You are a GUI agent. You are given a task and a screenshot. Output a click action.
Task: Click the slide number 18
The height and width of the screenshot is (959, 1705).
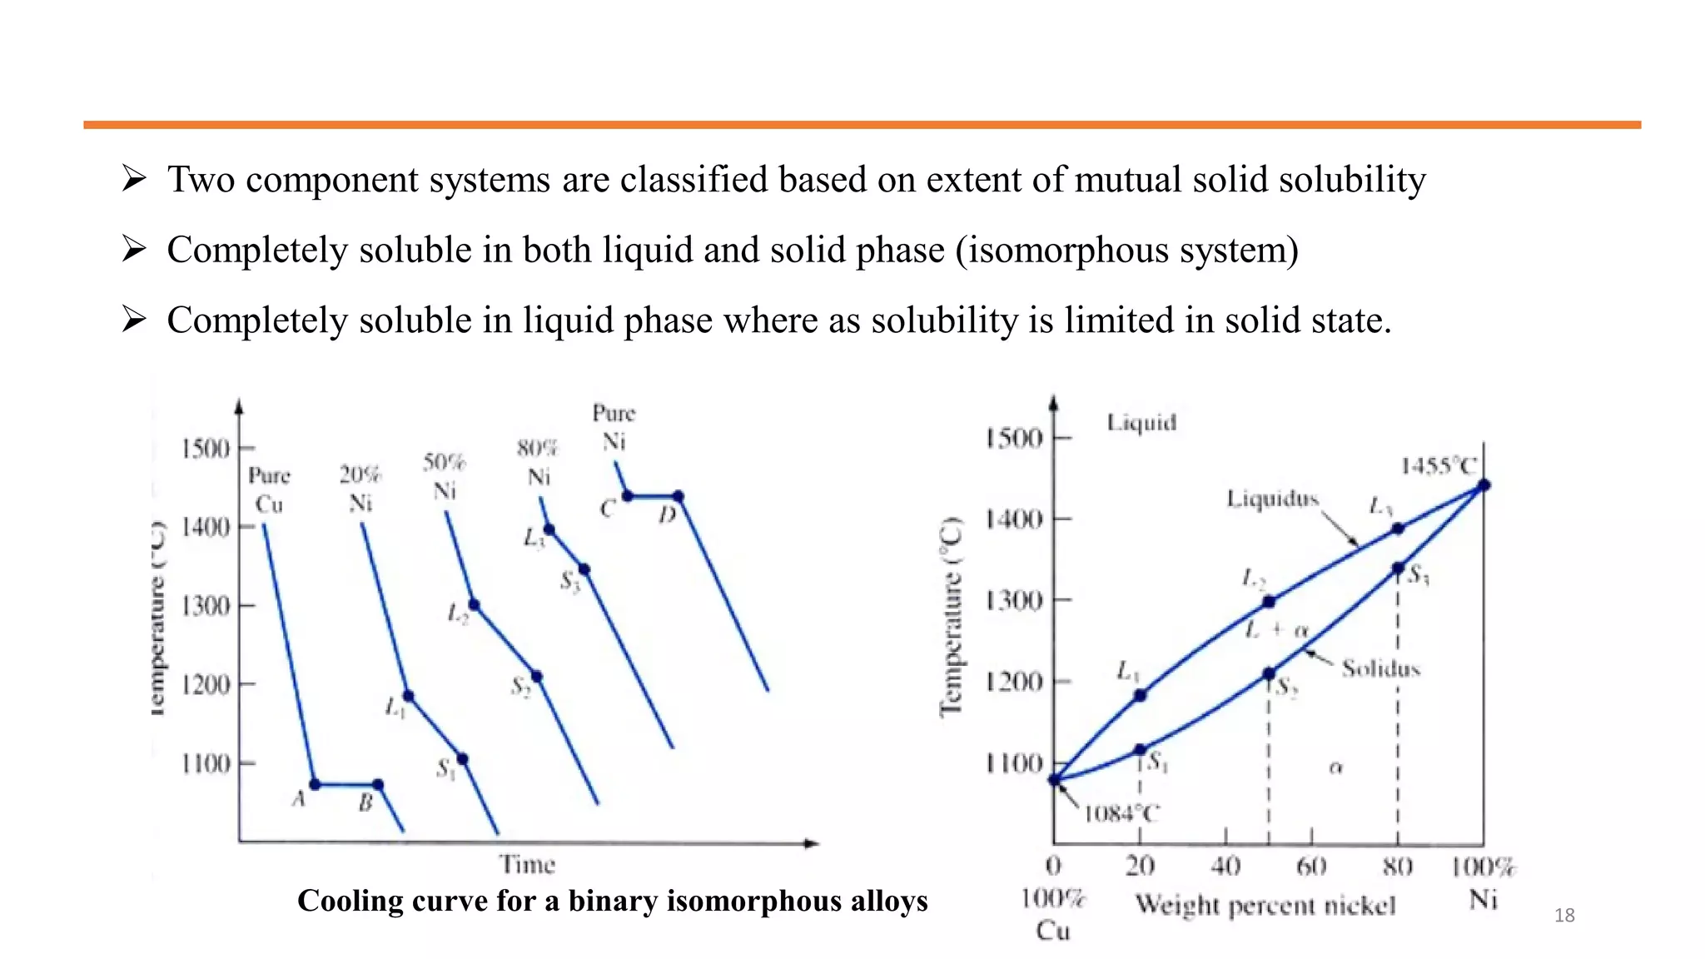[x=1564, y=916]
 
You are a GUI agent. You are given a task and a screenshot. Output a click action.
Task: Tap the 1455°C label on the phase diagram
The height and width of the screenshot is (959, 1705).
[x=1438, y=466]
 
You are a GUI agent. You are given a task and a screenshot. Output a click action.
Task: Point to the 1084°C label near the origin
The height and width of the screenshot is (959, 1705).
[x=1121, y=813]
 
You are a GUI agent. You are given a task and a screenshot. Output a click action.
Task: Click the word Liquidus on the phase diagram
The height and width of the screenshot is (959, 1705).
[x=1273, y=499]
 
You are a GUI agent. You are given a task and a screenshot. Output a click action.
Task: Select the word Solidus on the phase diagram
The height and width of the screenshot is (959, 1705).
[x=1380, y=668]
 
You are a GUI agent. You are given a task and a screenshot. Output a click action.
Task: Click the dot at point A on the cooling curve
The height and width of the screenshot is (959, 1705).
[x=315, y=784]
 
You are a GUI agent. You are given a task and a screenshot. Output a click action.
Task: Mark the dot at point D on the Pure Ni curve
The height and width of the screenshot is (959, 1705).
[x=679, y=497]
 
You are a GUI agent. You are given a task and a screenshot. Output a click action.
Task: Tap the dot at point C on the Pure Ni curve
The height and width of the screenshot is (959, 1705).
[x=628, y=497]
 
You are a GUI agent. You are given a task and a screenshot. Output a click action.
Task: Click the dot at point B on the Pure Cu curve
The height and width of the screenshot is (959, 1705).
[x=378, y=784]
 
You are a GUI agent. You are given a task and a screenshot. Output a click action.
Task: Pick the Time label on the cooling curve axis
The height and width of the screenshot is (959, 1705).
[x=527, y=865]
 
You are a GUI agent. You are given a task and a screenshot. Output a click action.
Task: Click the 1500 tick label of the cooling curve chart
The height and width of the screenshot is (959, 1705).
[x=205, y=449]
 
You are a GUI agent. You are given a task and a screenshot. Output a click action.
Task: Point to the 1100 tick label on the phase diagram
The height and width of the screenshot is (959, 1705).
[x=1013, y=763]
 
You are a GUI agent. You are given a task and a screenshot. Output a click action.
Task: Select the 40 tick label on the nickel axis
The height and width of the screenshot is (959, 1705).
[x=1225, y=867]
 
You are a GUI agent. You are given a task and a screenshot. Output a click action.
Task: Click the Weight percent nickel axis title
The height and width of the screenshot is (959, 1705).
[x=1265, y=905]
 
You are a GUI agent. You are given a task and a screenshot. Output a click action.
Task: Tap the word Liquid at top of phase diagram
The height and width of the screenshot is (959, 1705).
[x=1141, y=423]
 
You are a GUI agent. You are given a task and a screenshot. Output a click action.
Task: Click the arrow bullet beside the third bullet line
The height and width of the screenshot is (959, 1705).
[x=134, y=319]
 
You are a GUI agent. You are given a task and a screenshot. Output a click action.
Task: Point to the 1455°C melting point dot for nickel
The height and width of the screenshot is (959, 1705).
[x=1484, y=485]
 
